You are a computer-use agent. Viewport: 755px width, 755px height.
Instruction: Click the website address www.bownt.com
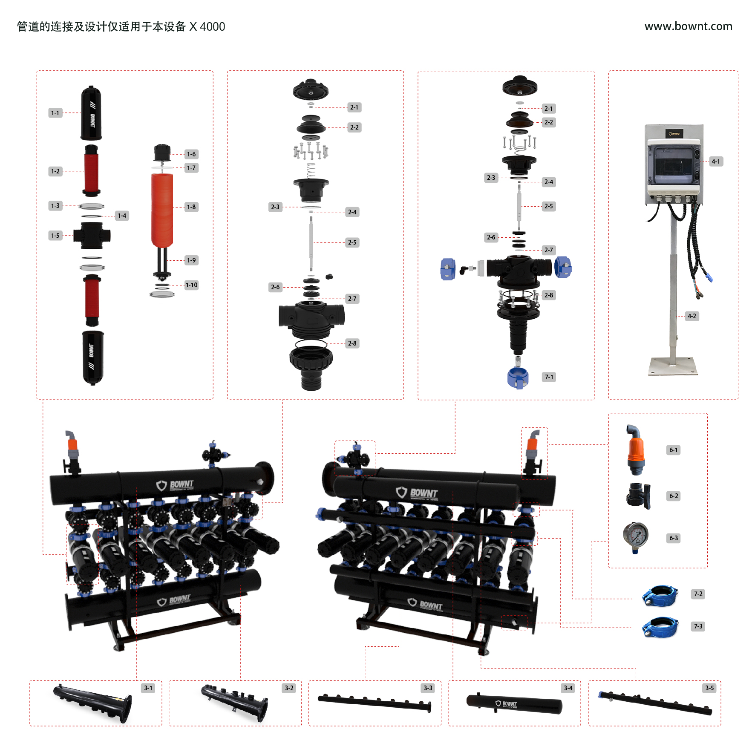click(x=688, y=26)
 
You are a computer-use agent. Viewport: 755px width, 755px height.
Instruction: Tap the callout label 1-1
click(x=55, y=113)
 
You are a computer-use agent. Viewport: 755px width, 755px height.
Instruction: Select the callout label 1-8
click(x=191, y=207)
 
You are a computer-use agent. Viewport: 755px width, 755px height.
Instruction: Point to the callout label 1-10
click(x=191, y=285)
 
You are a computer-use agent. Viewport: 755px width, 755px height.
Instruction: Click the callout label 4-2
click(x=692, y=316)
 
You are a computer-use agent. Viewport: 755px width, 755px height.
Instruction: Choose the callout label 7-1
click(x=549, y=377)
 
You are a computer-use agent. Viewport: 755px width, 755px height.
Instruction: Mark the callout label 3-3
click(x=428, y=688)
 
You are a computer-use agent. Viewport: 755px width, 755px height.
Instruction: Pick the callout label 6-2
click(x=674, y=496)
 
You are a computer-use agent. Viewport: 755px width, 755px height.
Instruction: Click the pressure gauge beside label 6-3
click(x=636, y=537)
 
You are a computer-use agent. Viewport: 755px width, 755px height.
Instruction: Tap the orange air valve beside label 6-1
click(x=636, y=450)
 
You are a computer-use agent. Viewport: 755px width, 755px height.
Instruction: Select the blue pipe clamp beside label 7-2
click(x=660, y=596)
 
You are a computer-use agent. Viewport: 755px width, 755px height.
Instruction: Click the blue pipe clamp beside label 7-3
click(x=660, y=628)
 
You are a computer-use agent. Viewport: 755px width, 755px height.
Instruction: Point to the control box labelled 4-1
click(x=674, y=164)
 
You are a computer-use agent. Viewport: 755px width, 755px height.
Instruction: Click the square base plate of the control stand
click(x=673, y=366)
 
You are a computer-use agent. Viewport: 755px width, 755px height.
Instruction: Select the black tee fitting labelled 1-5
click(x=92, y=235)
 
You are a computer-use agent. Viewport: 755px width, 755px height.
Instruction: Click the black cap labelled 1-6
click(x=162, y=153)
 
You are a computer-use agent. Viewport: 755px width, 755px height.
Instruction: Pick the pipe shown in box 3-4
click(x=514, y=704)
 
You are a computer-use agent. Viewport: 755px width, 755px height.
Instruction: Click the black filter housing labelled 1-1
click(x=91, y=113)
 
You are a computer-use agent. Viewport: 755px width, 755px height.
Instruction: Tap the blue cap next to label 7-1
click(x=518, y=377)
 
